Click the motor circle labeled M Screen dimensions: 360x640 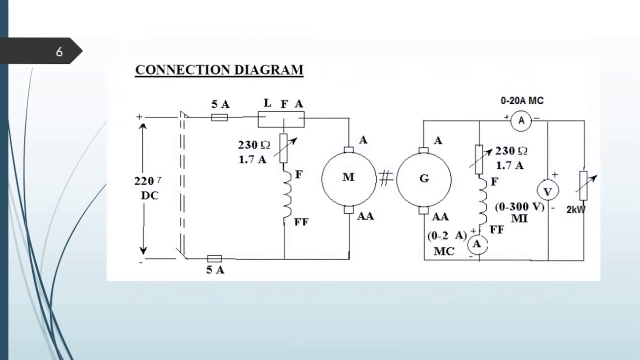coord(348,177)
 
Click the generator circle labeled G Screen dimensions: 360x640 coord(424,178)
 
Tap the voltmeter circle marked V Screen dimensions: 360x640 coord(547,190)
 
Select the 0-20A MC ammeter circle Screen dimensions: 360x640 coord(521,120)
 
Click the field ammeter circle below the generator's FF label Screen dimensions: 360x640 coord(477,244)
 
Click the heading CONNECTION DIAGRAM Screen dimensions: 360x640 coord(219,70)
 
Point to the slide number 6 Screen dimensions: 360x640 coord(59,51)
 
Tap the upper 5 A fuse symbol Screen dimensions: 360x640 coord(219,117)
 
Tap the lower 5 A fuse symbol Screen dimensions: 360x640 coord(214,258)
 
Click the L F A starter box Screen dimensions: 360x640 coord(280,119)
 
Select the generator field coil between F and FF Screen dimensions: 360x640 coord(482,204)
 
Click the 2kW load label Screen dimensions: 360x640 coord(575,210)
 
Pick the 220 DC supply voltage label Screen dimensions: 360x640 coord(148,188)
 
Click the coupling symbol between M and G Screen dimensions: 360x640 coord(385,178)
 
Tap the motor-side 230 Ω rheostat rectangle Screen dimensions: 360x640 coord(283,148)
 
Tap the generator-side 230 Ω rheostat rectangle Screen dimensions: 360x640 coord(479,159)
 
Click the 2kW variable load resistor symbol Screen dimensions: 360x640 coord(583,186)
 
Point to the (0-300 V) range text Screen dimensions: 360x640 coord(519,207)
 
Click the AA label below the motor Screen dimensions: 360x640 coord(365,216)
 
